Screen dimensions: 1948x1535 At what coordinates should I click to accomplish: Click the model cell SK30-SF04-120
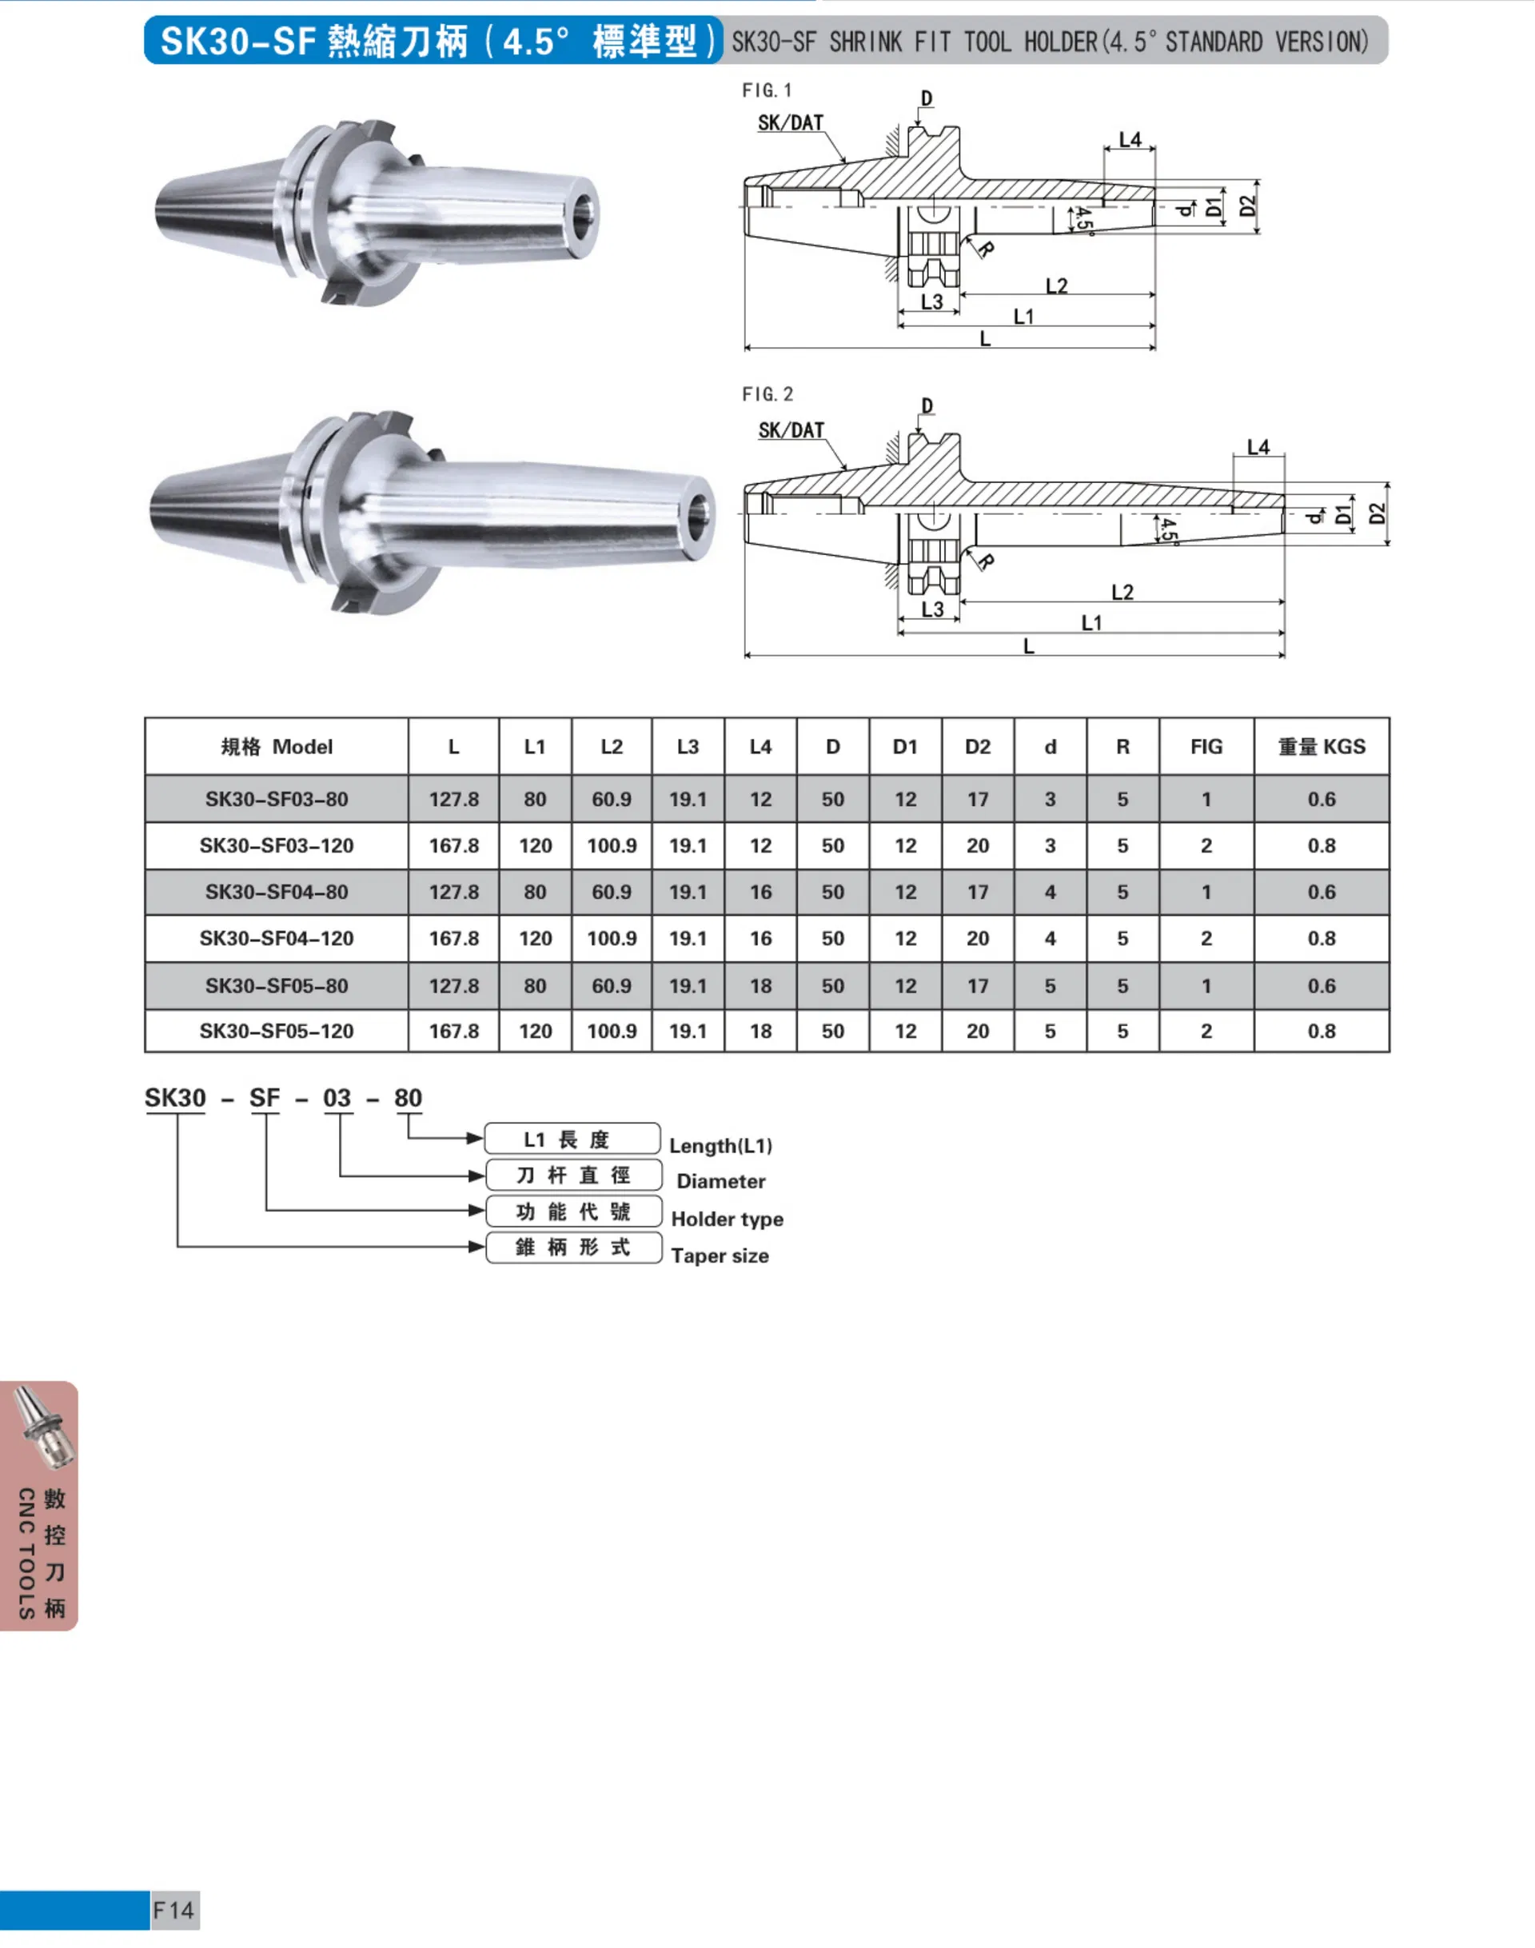(x=276, y=939)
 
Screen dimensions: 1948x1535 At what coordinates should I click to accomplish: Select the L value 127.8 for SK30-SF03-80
(x=454, y=799)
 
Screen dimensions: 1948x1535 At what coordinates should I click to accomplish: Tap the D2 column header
(x=977, y=746)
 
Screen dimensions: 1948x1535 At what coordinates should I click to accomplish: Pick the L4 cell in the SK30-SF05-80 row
(x=760, y=985)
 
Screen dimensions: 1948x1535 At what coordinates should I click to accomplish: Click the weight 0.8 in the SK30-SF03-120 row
(x=1321, y=846)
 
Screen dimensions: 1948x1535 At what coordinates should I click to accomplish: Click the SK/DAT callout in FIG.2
(x=791, y=430)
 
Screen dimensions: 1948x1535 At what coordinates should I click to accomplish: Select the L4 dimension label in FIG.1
(x=1130, y=139)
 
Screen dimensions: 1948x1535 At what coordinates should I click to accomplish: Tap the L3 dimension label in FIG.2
(x=932, y=609)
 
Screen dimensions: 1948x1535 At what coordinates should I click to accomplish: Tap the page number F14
(x=173, y=1910)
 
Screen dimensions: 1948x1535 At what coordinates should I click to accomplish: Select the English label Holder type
(x=727, y=1219)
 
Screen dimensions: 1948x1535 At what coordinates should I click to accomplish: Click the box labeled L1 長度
(x=572, y=1139)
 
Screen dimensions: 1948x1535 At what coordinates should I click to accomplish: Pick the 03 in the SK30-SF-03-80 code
(x=337, y=1098)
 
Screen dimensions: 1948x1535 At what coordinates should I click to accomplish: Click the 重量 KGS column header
(x=1321, y=746)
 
